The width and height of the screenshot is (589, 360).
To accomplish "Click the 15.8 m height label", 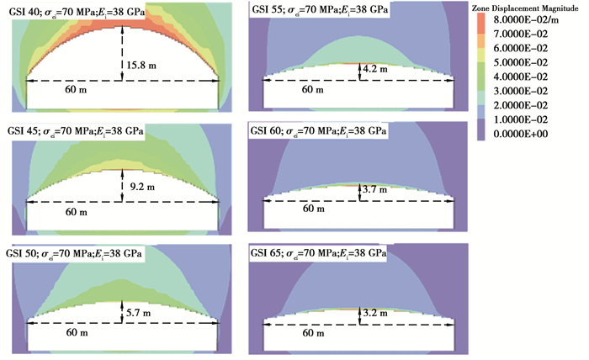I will pos(141,64).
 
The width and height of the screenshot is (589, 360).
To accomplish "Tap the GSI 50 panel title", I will pos(74,253).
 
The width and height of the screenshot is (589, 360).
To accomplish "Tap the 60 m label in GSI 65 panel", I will pos(313,333).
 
